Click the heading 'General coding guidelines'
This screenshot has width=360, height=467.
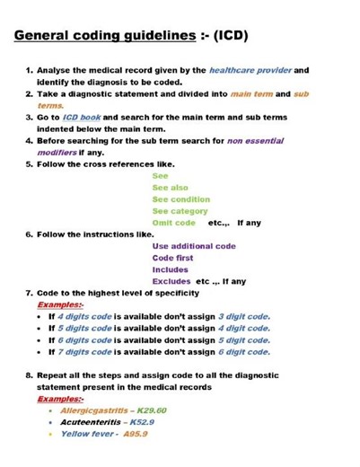point(104,36)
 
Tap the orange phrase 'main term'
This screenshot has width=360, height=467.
point(254,93)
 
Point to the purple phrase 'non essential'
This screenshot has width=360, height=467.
point(255,141)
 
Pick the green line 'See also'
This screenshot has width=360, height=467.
point(171,187)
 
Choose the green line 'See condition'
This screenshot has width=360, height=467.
point(180,198)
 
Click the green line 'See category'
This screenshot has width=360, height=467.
point(180,210)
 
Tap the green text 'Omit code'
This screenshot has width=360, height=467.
point(173,222)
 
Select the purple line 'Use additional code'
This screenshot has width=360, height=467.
point(194,245)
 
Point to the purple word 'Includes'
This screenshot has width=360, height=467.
point(170,269)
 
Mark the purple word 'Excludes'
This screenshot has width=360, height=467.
point(171,280)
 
